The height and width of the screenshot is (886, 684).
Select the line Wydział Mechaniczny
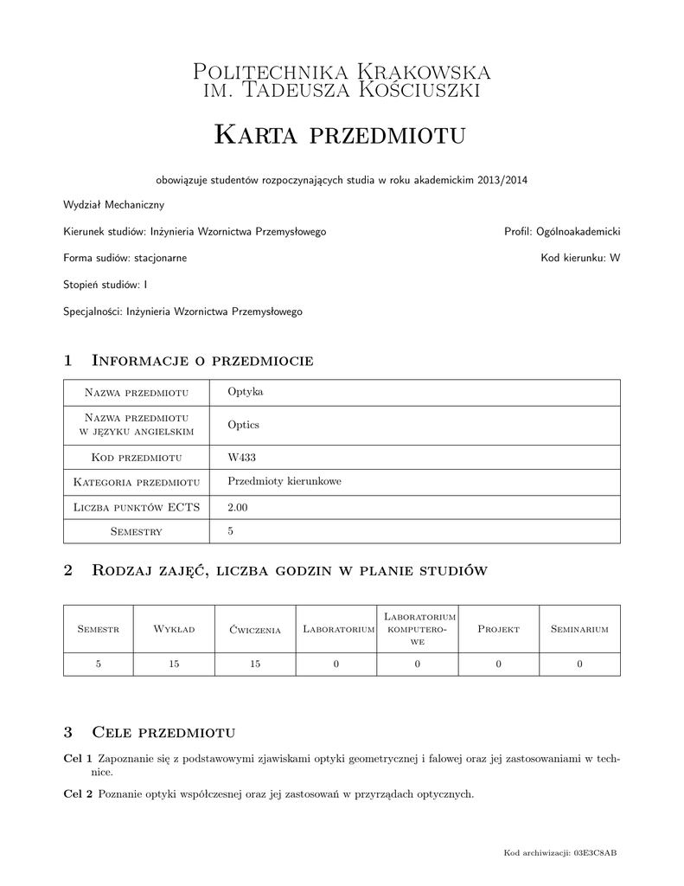pos(113,205)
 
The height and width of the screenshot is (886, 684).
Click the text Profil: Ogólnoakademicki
pos(562,232)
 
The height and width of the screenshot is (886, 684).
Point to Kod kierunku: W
pos(580,258)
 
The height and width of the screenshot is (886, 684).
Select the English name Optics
pos(243,425)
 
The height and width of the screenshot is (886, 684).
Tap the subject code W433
pos(241,457)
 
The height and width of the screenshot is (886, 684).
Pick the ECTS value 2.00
pos(238,507)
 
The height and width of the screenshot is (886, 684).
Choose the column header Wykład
pos(174,630)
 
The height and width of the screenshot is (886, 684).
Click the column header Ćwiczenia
pos(255,630)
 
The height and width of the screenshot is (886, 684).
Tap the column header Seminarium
pos(579,630)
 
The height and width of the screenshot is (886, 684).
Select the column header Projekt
pos(498,630)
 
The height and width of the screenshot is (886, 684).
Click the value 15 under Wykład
pos(174,664)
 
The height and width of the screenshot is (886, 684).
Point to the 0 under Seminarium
pos(579,664)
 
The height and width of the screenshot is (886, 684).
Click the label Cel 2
pos(78,794)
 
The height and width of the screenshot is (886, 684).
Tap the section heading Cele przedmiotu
pos(163,733)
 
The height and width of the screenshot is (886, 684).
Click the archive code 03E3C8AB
pos(597,853)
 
